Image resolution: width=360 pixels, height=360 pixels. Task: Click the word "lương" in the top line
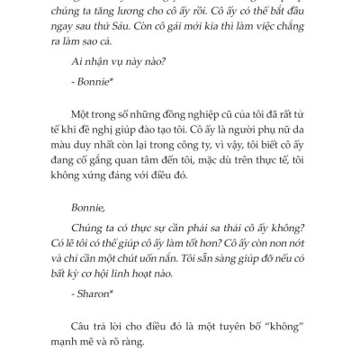149,15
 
